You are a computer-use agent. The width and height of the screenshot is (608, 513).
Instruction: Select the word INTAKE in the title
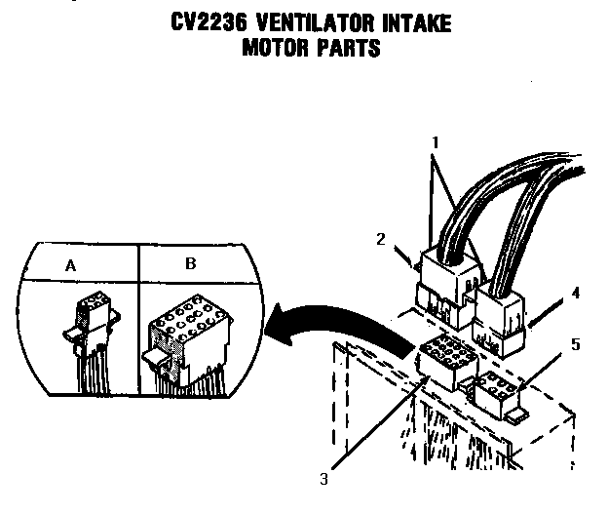(412, 22)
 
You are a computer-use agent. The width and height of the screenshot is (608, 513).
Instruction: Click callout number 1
(437, 140)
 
